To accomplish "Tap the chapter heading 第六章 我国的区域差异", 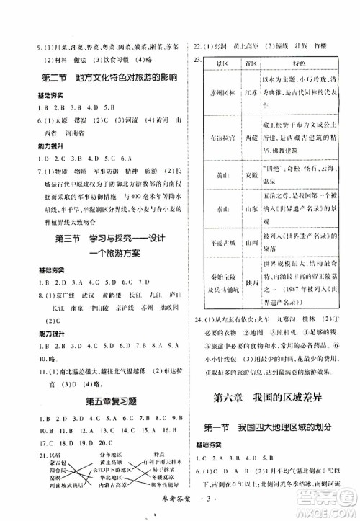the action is [271, 396].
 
